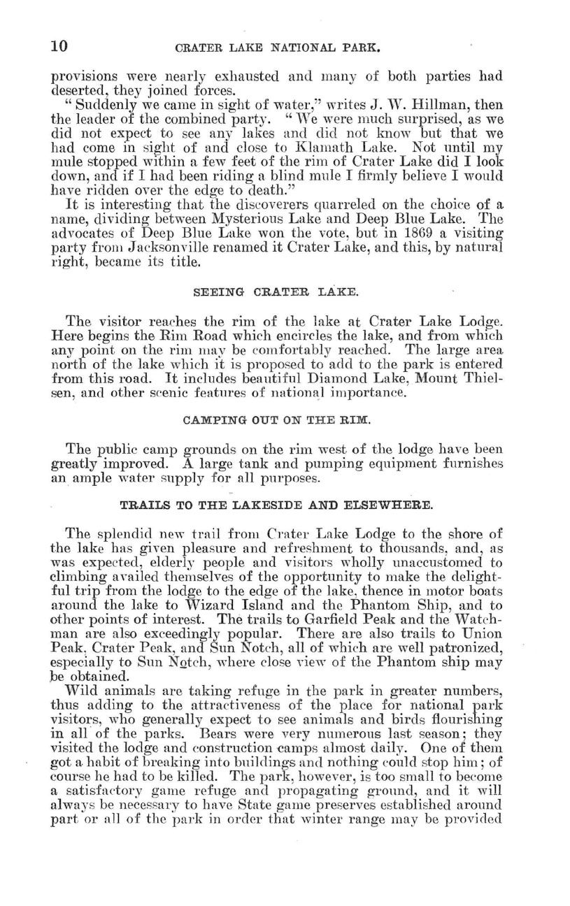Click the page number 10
pos(58,47)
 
